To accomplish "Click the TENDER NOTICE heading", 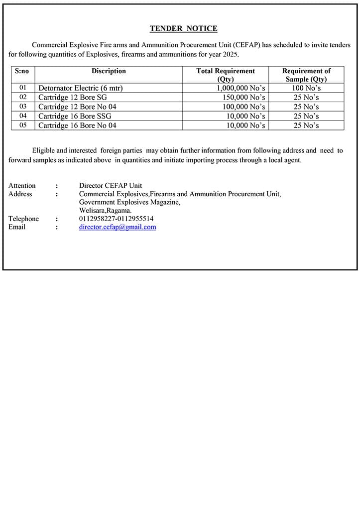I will pos(183,29).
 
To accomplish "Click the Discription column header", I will pos(109,71).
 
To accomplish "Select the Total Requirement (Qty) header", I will pos(226,75).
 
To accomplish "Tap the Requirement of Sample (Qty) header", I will pos(306,75).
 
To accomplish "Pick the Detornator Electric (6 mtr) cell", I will pos(81,88).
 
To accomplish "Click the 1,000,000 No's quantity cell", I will pos(240,88).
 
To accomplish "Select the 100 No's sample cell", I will pos(306,88).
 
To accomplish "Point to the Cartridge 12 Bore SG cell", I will pos(73,98).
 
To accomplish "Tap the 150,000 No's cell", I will pos(243,98).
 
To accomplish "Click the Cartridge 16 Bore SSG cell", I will pos(75,116).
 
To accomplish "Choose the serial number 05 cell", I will pos(23,126).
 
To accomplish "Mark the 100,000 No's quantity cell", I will pos(243,107).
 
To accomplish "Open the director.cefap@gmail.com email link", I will pos(118,227).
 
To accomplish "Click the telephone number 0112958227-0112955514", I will pos(116,219).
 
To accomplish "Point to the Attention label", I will pos(22,186).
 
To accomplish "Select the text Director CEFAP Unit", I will pos(111,186).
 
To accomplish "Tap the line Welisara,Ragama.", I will pos(105,211).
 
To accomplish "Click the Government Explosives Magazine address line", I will pos(129,202).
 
